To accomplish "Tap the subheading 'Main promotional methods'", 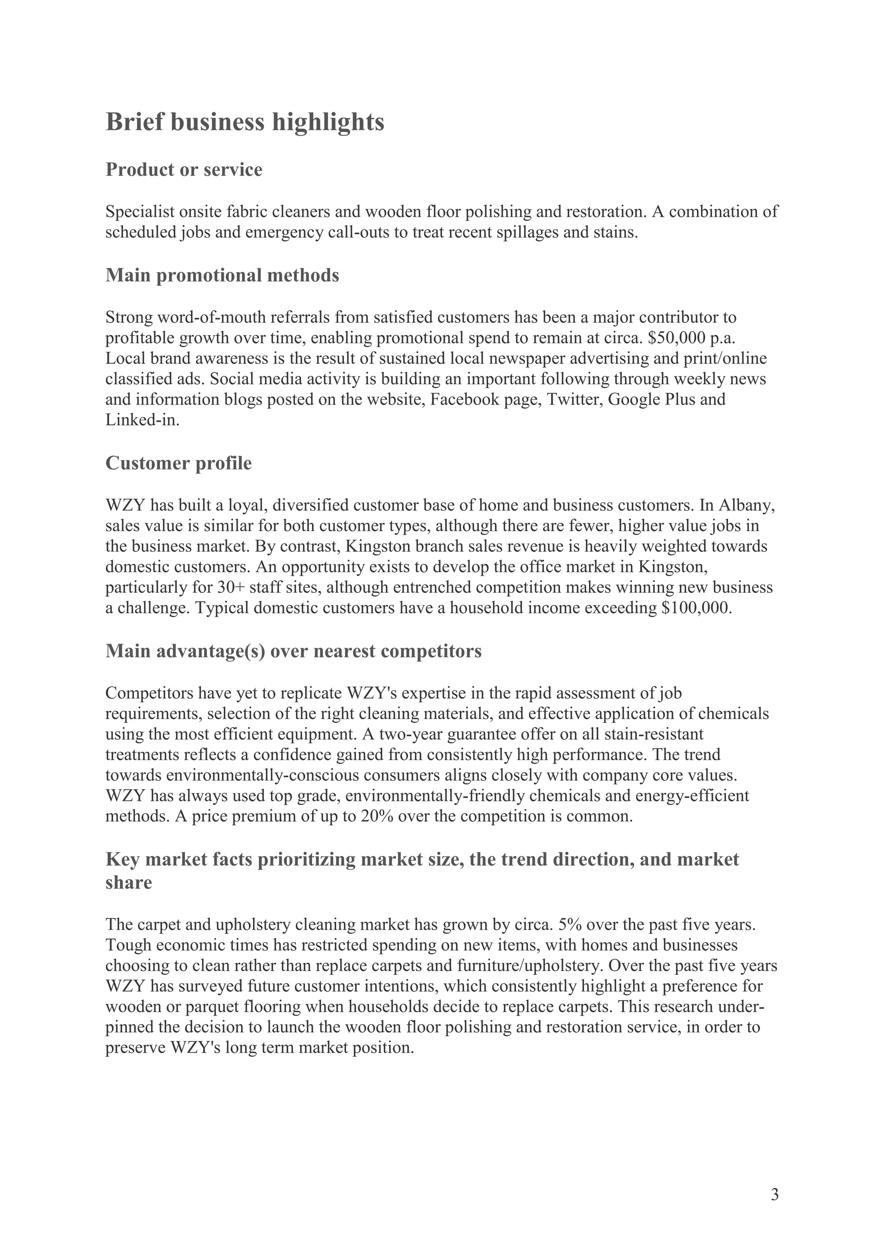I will pos(222,275).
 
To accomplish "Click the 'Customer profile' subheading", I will pos(178,463).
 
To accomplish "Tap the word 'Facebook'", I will pos(463,399).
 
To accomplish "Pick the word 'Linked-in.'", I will pos(142,420).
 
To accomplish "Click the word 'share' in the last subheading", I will pos(128,883).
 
